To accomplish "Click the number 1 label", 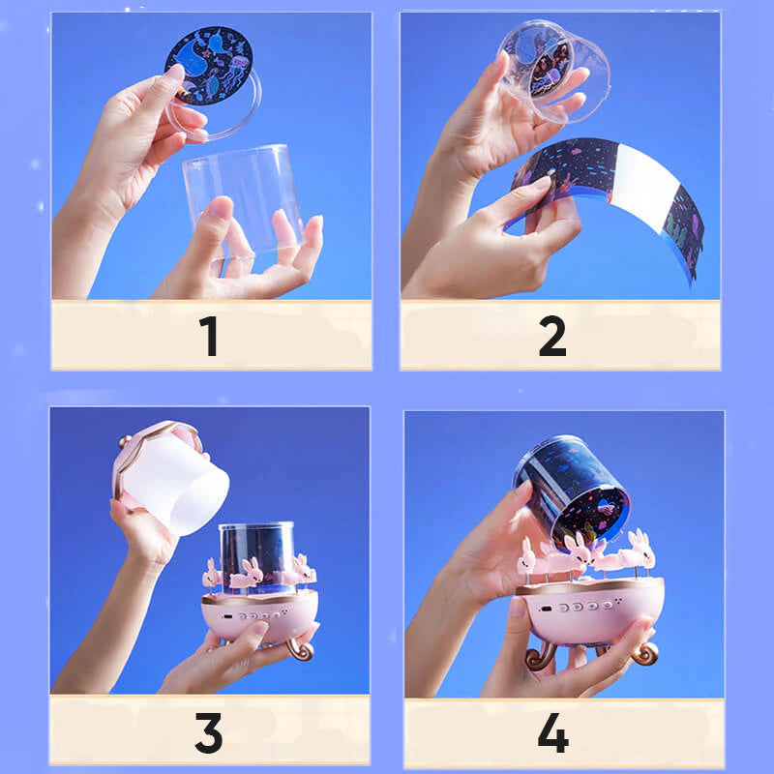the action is pyautogui.click(x=209, y=336).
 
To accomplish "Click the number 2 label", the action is pyautogui.click(x=552, y=336).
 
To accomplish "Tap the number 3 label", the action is pyautogui.click(x=209, y=732).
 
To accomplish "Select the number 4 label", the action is pyautogui.click(x=553, y=732).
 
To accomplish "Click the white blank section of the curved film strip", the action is pyautogui.click(x=644, y=183).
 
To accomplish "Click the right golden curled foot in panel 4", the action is pyautogui.click(x=644, y=652).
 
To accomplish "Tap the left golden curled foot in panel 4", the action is pyautogui.click(x=537, y=658).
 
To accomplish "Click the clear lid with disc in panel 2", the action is pyautogui.click(x=553, y=70).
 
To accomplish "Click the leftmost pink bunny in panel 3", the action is pyautogui.click(x=212, y=573).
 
